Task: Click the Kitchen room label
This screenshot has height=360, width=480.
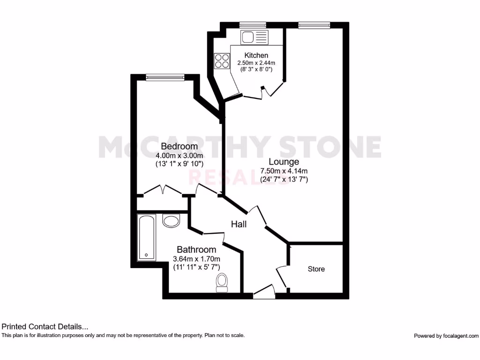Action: pos(256,55)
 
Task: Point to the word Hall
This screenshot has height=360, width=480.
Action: pos(239,225)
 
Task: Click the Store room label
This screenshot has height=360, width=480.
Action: pos(316,269)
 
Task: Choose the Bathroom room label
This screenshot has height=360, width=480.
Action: pos(196,250)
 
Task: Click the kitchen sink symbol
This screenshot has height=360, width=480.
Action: pos(254,37)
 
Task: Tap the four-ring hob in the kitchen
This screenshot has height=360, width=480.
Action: pos(222,60)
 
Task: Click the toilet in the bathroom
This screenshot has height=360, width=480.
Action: pos(222,283)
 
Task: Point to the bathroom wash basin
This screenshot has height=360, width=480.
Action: pos(171,220)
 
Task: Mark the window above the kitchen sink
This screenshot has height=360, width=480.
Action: pos(253,25)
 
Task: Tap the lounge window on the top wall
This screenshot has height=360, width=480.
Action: pos(314,25)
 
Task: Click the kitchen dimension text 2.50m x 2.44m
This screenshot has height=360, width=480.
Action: pos(256,63)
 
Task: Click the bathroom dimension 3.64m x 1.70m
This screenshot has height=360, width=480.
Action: pos(196,259)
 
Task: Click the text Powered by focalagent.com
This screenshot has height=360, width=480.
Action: pos(446,336)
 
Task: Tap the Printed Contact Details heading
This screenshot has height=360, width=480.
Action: pos(45,327)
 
